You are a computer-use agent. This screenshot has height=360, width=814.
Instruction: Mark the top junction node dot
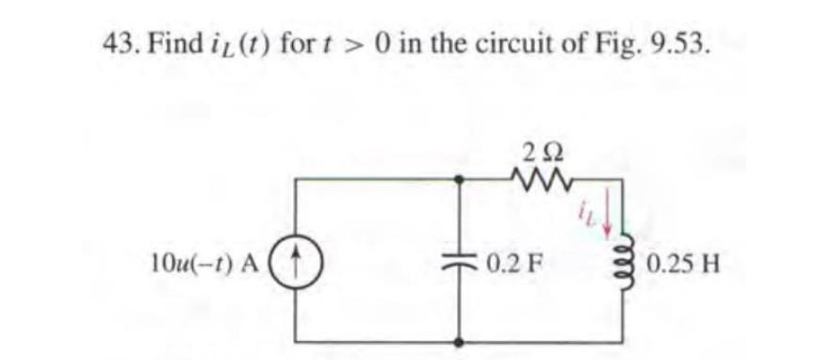pyautogui.click(x=460, y=177)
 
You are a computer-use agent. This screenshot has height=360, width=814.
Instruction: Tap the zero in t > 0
pyautogui.click(x=383, y=42)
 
